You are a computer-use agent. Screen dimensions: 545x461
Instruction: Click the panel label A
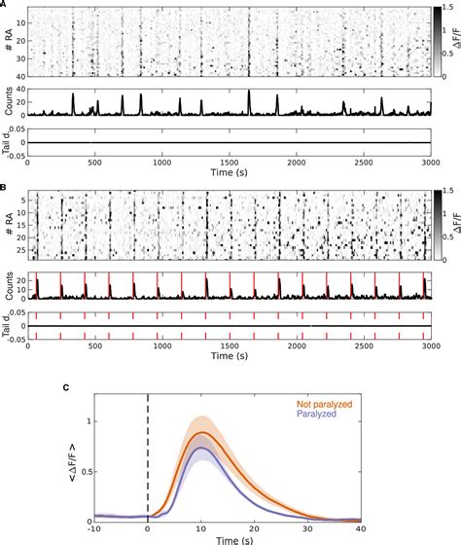click(6, 5)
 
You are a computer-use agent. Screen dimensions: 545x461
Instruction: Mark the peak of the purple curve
click(200, 448)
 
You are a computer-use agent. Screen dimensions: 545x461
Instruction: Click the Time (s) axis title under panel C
click(228, 538)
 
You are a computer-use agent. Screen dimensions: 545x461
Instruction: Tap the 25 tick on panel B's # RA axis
click(20, 249)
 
